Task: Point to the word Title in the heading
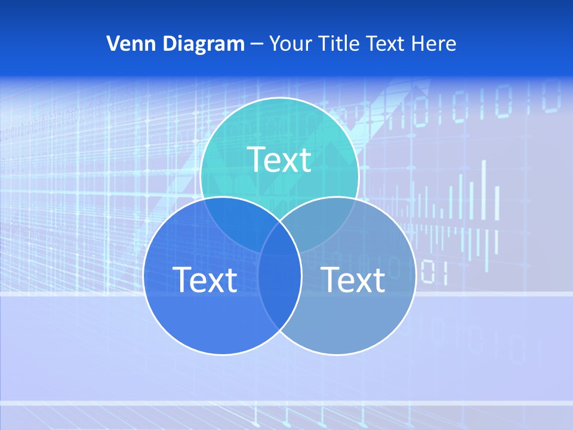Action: click(338, 44)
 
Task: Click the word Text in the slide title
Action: click(387, 44)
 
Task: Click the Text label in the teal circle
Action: click(279, 159)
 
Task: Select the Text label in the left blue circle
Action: click(205, 279)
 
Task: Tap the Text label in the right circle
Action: click(353, 279)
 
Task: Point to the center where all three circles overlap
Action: click(279, 239)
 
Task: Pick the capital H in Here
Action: click(421, 44)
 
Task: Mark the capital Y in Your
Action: click(275, 44)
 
